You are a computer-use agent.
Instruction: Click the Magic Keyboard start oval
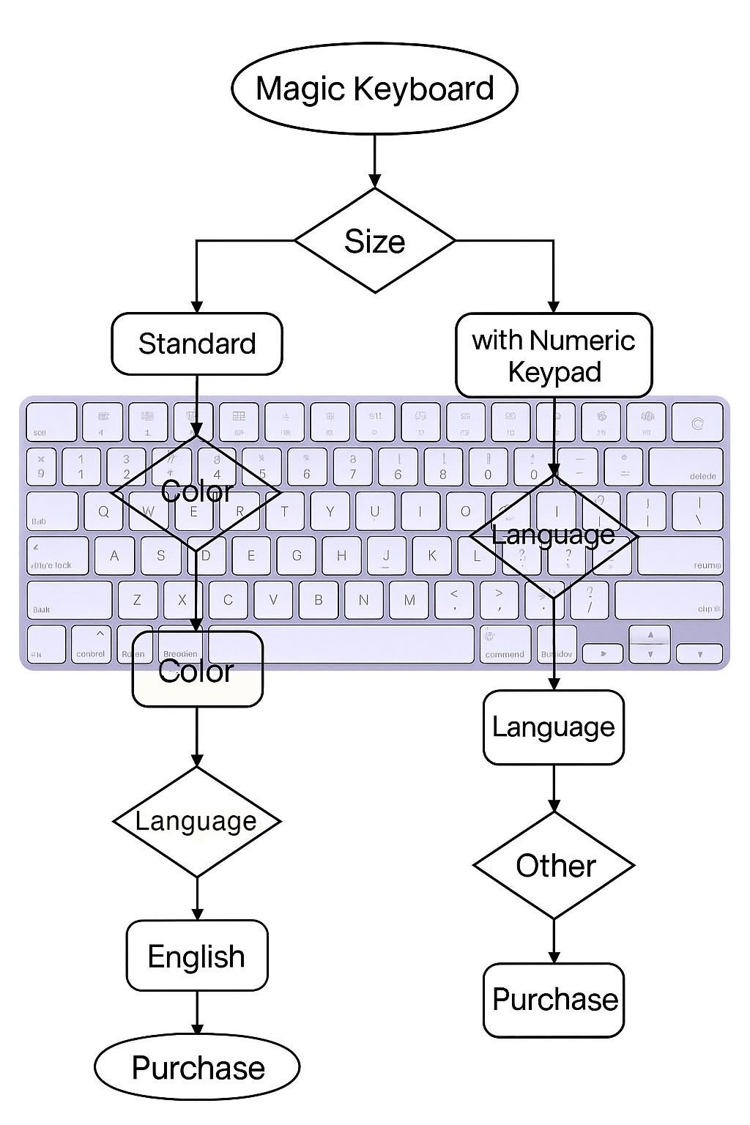pyautogui.click(x=374, y=89)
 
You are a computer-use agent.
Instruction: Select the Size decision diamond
pyautogui.click(x=374, y=241)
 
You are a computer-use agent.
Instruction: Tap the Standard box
pyautogui.click(x=197, y=344)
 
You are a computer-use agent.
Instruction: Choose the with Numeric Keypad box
pyautogui.click(x=554, y=356)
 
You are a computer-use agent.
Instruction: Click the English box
pyautogui.click(x=197, y=956)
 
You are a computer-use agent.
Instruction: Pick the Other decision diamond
pyautogui.click(x=554, y=866)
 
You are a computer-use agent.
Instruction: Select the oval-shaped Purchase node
pyautogui.click(x=197, y=1067)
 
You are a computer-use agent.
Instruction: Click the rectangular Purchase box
pyautogui.click(x=554, y=1000)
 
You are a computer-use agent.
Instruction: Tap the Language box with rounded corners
pyautogui.click(x=554, y=727)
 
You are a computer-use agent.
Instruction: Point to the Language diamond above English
pyautogui.click(x=197, y=821)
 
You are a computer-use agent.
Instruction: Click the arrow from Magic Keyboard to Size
pyautogui.click(x=374, y=160)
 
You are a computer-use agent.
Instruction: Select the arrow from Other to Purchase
pyautogui.click(x=554, y=941)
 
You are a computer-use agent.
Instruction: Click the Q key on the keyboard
pyautogui.click(x=104, y=511)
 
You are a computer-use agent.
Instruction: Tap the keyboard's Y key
pyautogui.click(x=330, y=511)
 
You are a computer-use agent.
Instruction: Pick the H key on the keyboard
pyautogui.click(x=341, y=555)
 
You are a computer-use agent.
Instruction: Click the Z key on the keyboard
pyautogui.click(x=137, y=600)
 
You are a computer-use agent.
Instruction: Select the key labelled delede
pyautogui.click(x=686, y=467)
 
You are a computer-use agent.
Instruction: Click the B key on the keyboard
pyautogui.click(x=319, y=600)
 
